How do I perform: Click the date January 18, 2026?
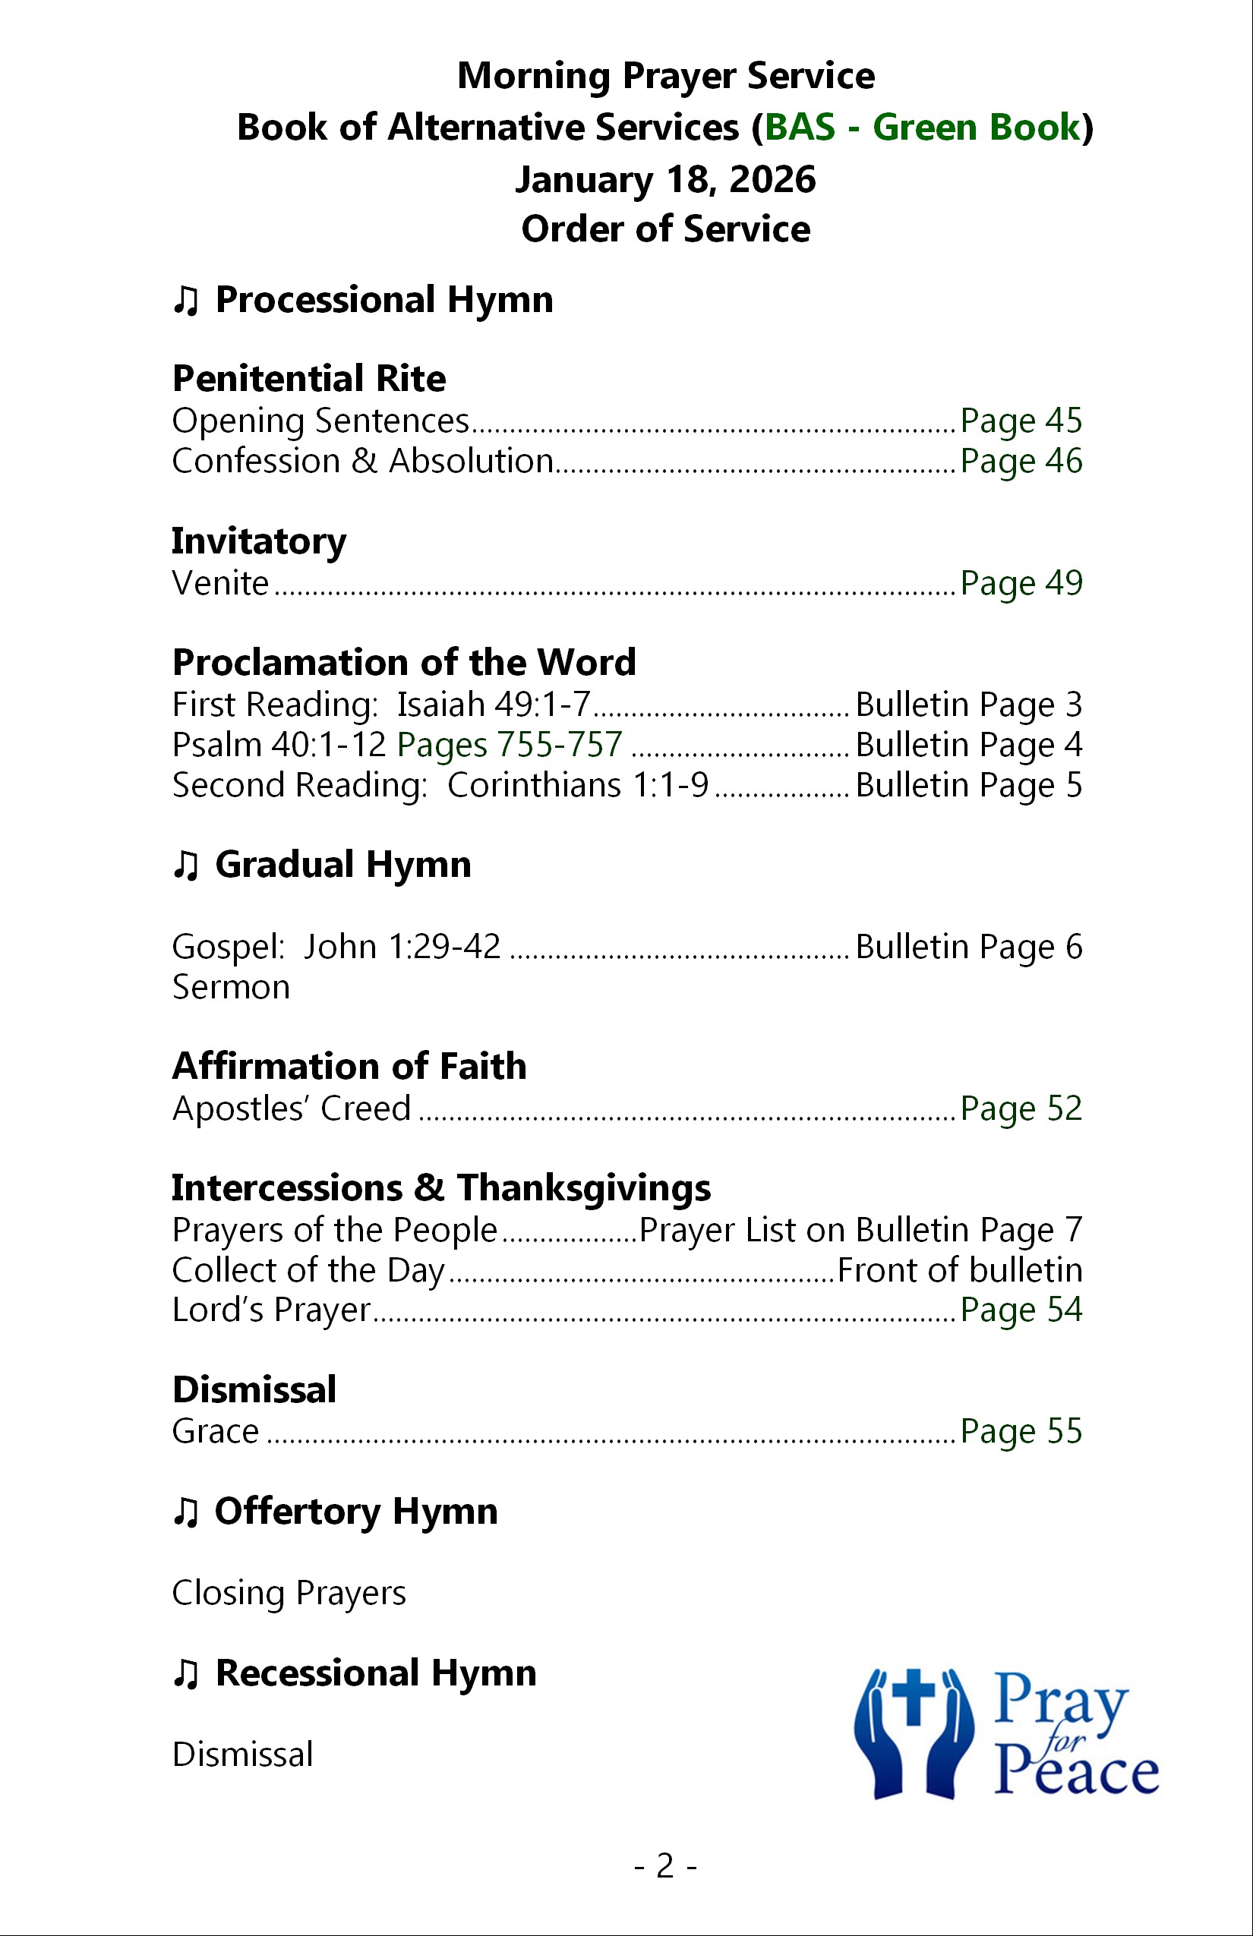664,180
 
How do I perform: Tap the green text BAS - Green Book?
922,128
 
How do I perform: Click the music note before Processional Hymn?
185,301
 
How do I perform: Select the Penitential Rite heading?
309,378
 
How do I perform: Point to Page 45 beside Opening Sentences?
1021,421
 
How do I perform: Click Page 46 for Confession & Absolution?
1021,462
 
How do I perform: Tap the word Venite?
219,583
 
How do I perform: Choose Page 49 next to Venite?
1021,583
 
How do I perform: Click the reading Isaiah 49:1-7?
493,705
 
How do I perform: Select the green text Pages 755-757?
510,745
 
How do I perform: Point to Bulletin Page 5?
968,786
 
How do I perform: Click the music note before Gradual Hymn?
185,866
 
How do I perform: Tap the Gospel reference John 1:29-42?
402,947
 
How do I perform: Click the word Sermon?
231,988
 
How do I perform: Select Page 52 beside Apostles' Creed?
1021,1108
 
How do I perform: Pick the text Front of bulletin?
959,1269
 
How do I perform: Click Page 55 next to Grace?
1021,1432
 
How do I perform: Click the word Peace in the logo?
1075,1774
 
